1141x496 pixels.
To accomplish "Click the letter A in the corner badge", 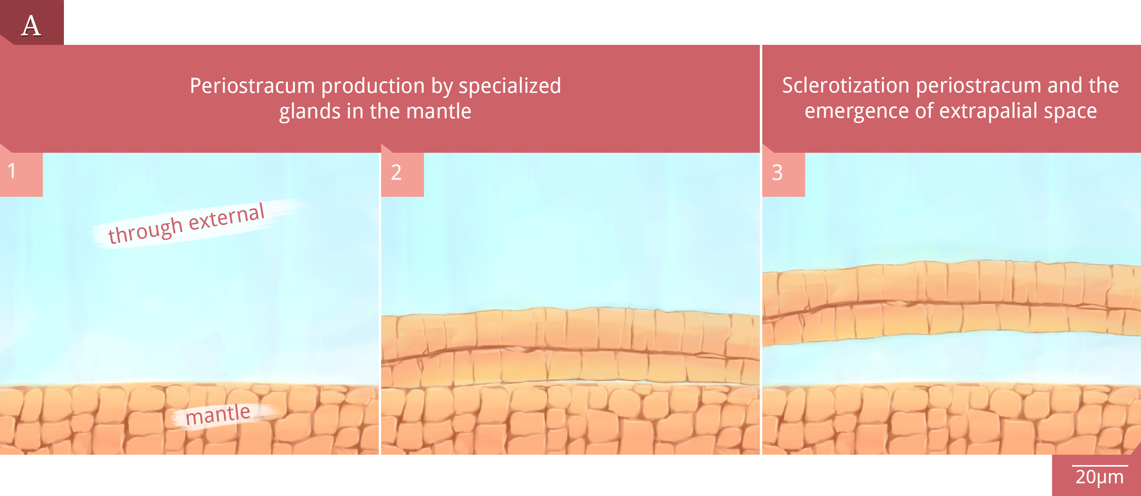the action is click(x=31, y=25).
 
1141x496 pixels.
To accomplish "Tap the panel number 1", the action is click(x=12, y=171).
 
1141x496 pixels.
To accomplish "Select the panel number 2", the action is click(x=396, y=172).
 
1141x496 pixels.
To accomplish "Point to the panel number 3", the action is click(x=777, y=172).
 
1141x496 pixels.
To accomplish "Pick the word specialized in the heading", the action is click(x=510, y=86).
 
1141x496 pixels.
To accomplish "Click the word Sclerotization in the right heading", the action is click(x=846, y=85).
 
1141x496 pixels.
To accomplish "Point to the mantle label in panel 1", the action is click(x=218, y=415).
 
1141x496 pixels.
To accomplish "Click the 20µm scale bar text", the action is click(x=1099, y=477).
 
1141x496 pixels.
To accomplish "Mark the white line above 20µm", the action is click(x=1100, y=466).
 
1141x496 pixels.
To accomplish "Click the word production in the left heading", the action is click(x=373, y=86).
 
